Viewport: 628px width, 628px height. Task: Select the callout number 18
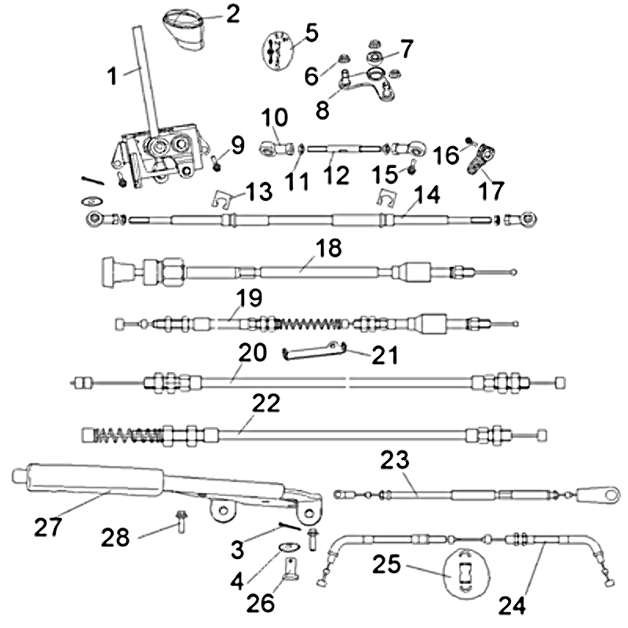(328, 249)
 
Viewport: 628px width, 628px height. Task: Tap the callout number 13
(258, 192)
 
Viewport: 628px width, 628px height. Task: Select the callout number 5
(311, 32)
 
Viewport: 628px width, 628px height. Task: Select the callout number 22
(266, 404)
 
